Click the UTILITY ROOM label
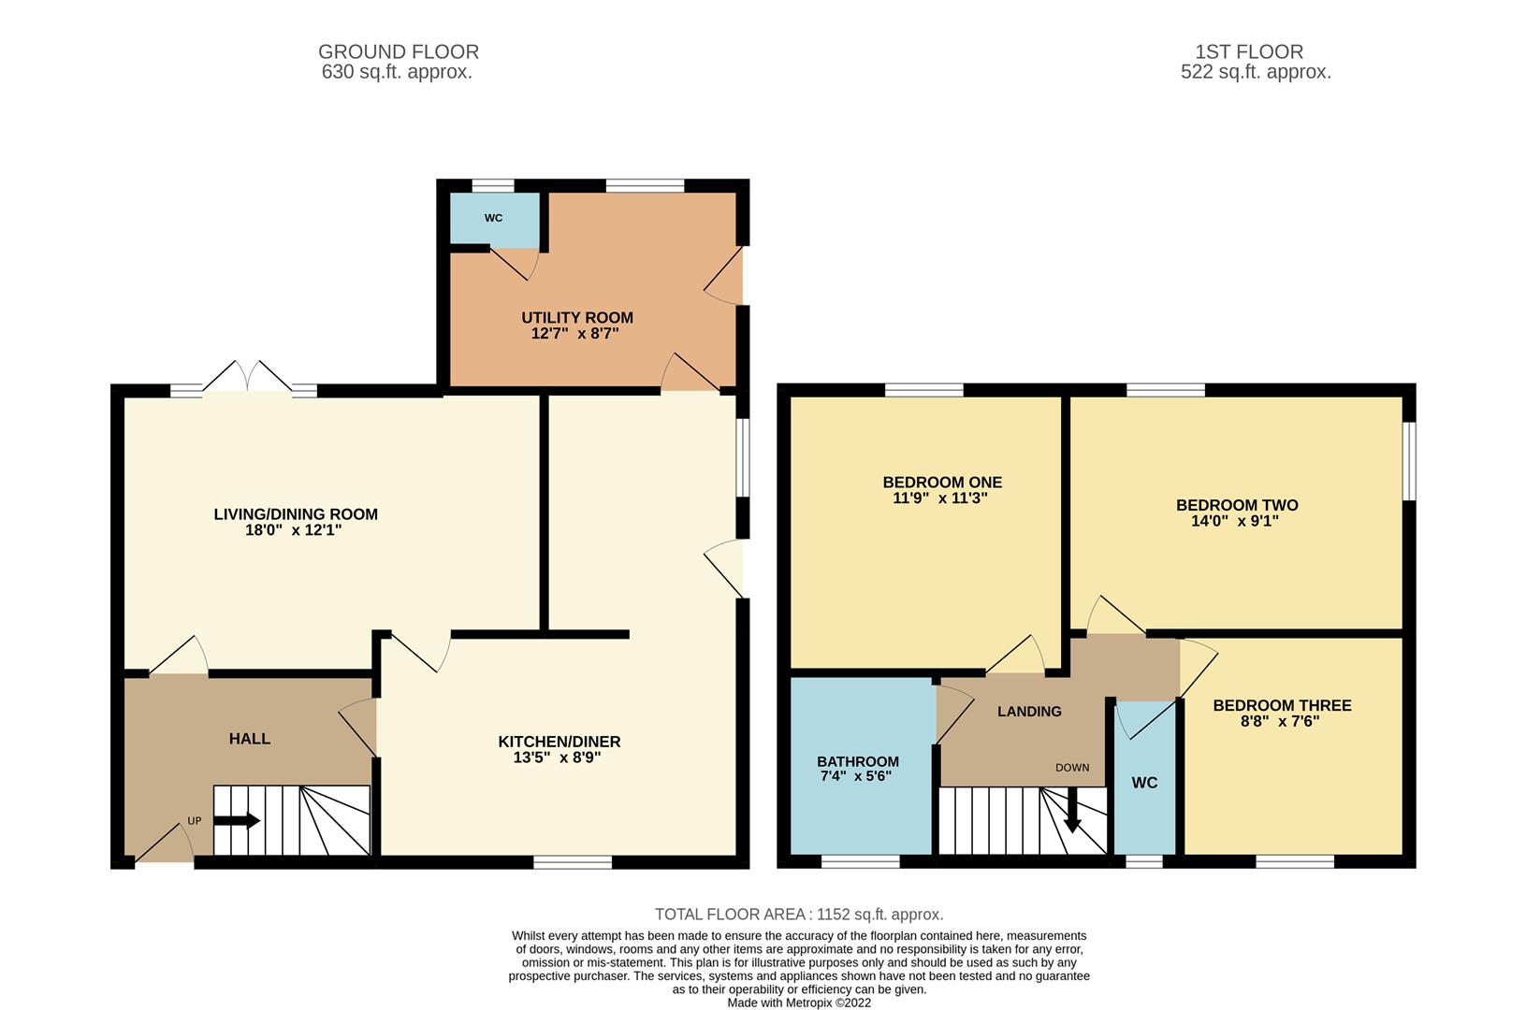576,318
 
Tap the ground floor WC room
494,218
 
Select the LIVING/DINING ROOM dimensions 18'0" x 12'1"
295,530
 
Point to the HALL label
250,739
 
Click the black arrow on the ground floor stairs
237,821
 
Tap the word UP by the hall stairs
195,821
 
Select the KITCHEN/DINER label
559,742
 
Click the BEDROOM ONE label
942,483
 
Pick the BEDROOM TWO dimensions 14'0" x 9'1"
1235,522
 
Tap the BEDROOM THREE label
1282,705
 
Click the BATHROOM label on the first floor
858,761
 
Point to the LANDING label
1029,712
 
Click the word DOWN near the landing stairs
1072,768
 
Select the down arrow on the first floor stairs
1072,811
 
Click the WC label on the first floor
1144,783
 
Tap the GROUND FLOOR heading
399,52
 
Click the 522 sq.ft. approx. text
1256,72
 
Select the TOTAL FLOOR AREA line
799,915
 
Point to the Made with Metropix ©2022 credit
799,1003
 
